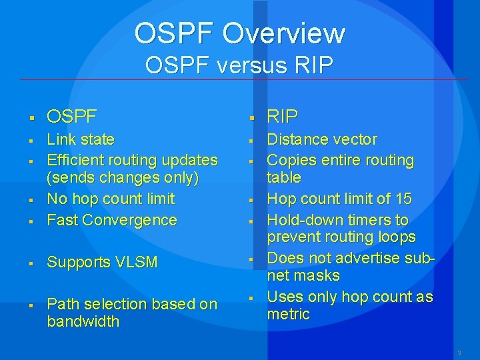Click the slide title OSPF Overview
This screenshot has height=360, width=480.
[239, 33]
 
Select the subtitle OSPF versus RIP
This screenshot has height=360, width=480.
[239, 65]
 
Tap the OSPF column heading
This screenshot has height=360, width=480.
[71, 117]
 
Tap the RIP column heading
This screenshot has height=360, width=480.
[282, 117]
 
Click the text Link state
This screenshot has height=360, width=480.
[81, 139]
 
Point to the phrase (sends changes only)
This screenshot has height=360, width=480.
[123, 178]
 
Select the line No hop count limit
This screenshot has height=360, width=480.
[111, 199]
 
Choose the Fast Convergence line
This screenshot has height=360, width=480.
[112, 220]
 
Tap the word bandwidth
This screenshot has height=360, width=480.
[83, 321]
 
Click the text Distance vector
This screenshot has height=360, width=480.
[322, 139]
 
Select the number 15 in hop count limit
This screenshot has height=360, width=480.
[403, 199]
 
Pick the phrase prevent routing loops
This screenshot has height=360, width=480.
[341, 237]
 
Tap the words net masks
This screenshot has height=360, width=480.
[303, 275]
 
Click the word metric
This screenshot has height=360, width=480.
[289, 314]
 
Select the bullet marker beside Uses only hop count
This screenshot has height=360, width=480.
[253, 298]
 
